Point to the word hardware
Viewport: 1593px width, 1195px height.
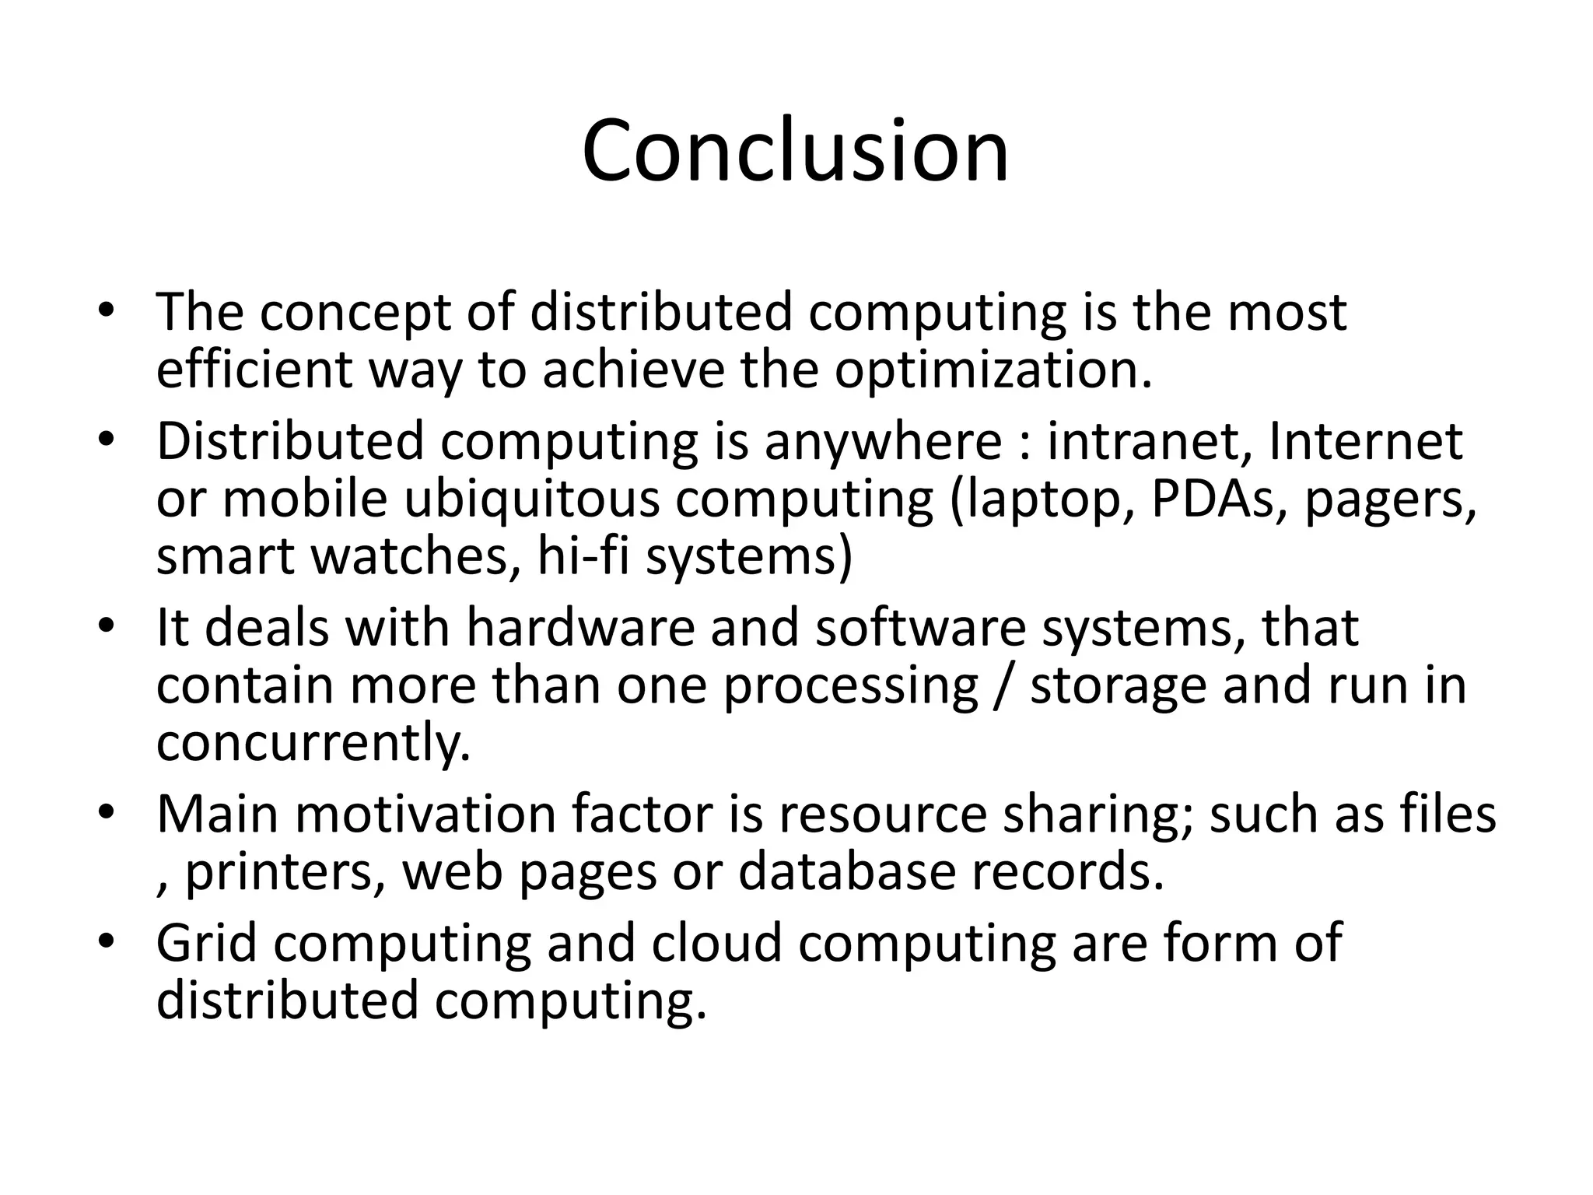(579, 628)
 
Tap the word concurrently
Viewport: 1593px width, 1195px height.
(313, 744)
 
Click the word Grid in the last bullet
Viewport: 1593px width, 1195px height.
(207, 943)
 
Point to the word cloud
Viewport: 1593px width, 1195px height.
(716, 943)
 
